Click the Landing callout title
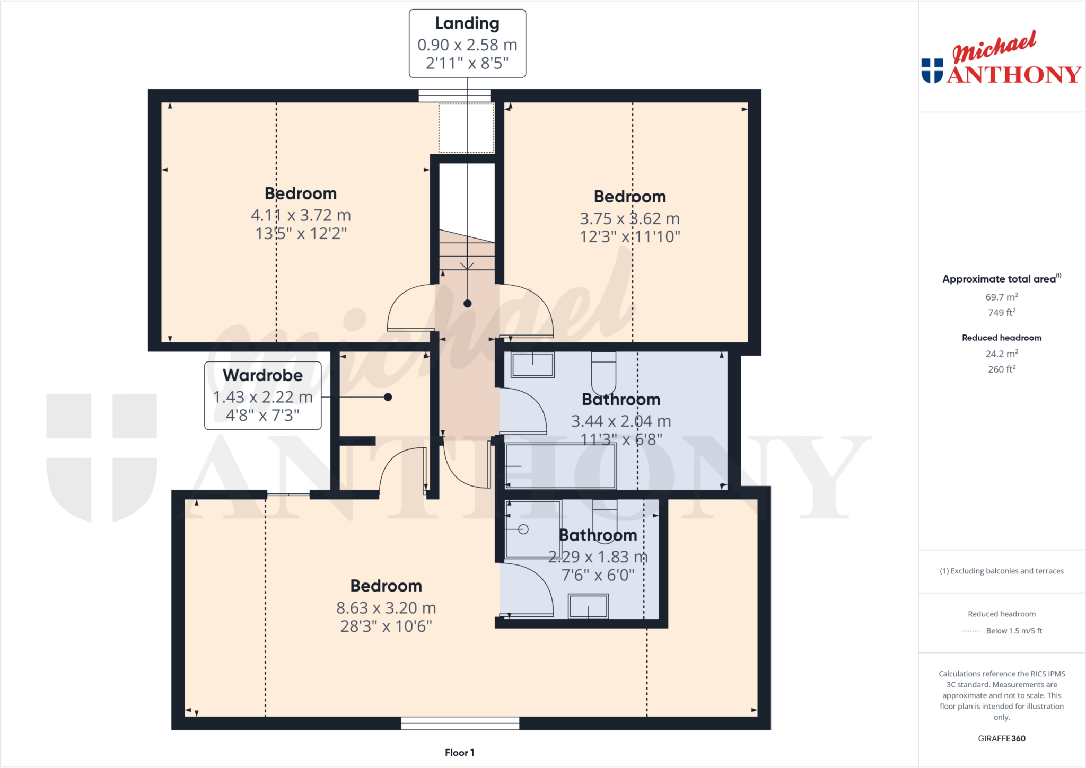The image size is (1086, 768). pos(467,23)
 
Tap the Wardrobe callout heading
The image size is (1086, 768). pos(262,375)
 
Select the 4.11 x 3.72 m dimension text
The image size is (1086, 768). pos(301,215)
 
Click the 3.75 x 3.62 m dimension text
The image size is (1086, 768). pos(629,218)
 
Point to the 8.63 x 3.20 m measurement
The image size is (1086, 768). pos(386,608)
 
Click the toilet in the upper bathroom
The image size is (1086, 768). pos(603,371)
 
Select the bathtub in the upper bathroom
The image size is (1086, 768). pos(560,466)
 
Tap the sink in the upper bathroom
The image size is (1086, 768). pos(533,365)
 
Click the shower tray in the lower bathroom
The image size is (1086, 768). pos(533,529)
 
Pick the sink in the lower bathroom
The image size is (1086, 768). pos(588,606)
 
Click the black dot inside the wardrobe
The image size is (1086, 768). pos(388,397)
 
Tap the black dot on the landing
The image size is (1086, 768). pos(467,304)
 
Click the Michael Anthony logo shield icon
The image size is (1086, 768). pos(932,71)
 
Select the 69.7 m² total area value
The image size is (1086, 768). pos(1001,297)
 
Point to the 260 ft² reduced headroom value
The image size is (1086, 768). pos(1001,369)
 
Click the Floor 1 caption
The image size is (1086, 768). pos(459,753)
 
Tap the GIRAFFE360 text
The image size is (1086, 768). pos(1001,738)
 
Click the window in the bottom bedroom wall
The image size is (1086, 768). pos(460,723)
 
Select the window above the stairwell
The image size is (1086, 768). pos(454,96)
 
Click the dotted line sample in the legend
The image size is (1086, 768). pos(970,631)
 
